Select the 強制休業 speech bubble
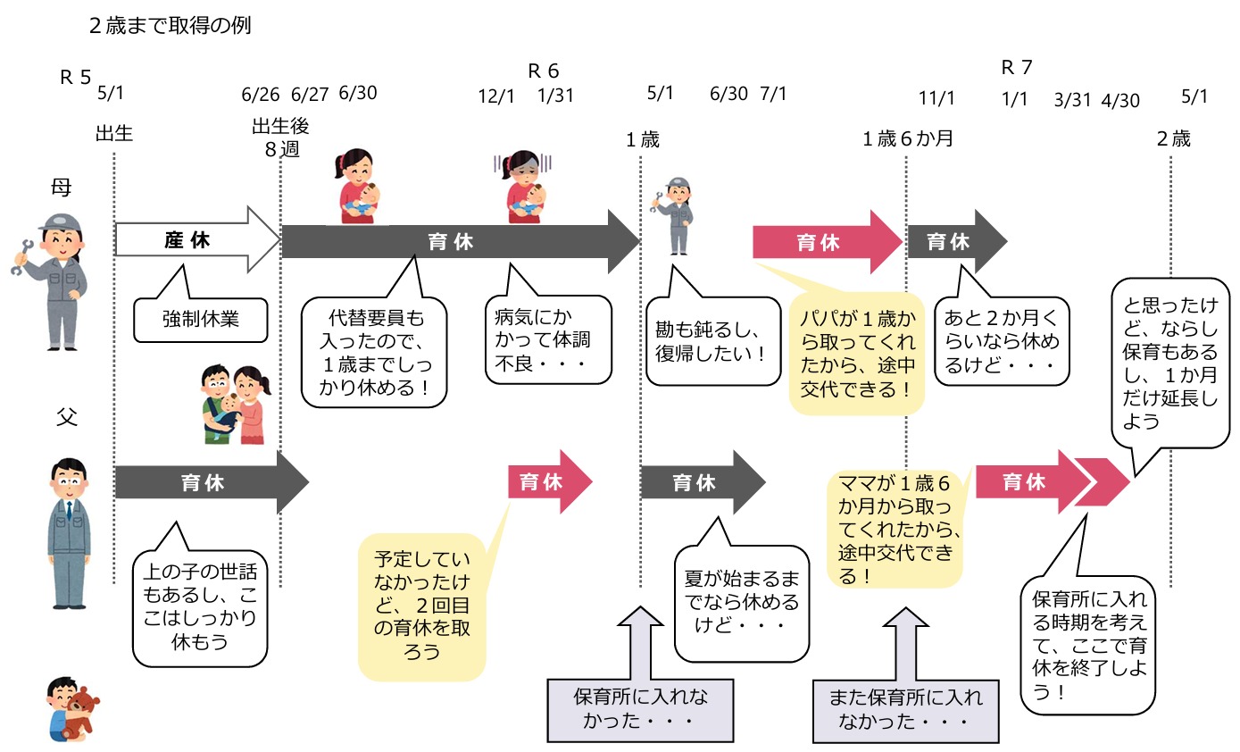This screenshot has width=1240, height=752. point(200,319)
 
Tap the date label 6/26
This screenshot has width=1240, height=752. point(260,95)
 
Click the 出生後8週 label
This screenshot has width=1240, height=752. point(280,138)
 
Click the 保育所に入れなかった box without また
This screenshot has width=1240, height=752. point(639,707)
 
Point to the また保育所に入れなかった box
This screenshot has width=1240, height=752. point(905,707)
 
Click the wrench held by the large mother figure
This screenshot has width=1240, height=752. point(21,255)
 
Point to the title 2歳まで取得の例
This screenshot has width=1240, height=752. point(170,26)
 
